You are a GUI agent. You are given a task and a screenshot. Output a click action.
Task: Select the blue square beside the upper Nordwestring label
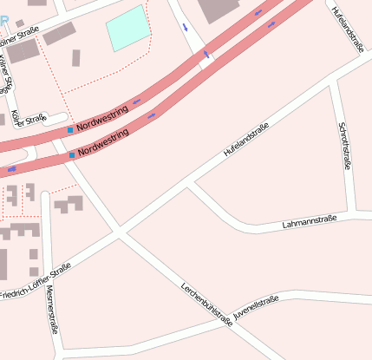[x=70, y=130]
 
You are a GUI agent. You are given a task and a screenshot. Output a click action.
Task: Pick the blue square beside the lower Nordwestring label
[x=71, y=154]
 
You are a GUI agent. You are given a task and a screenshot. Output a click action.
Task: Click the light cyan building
[x=127, y=28]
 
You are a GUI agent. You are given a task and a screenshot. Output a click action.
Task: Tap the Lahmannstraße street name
[x=310, y=224]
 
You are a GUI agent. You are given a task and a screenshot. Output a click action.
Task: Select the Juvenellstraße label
[x=257, y=310]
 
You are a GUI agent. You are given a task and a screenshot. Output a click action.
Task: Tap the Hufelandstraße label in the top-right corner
[x=347, y=28]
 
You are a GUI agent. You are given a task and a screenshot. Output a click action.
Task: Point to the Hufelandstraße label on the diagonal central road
[x=247, y=140]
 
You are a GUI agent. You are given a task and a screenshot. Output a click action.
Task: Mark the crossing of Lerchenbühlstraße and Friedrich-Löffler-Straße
[x=119, y=232]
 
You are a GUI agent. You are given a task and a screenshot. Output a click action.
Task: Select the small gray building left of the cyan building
[x=76, y=58]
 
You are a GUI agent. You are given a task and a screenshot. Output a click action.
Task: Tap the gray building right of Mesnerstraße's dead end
[x=69, y=205]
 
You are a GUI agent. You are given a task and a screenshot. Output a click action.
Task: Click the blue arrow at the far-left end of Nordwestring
[x=11, y=169]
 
